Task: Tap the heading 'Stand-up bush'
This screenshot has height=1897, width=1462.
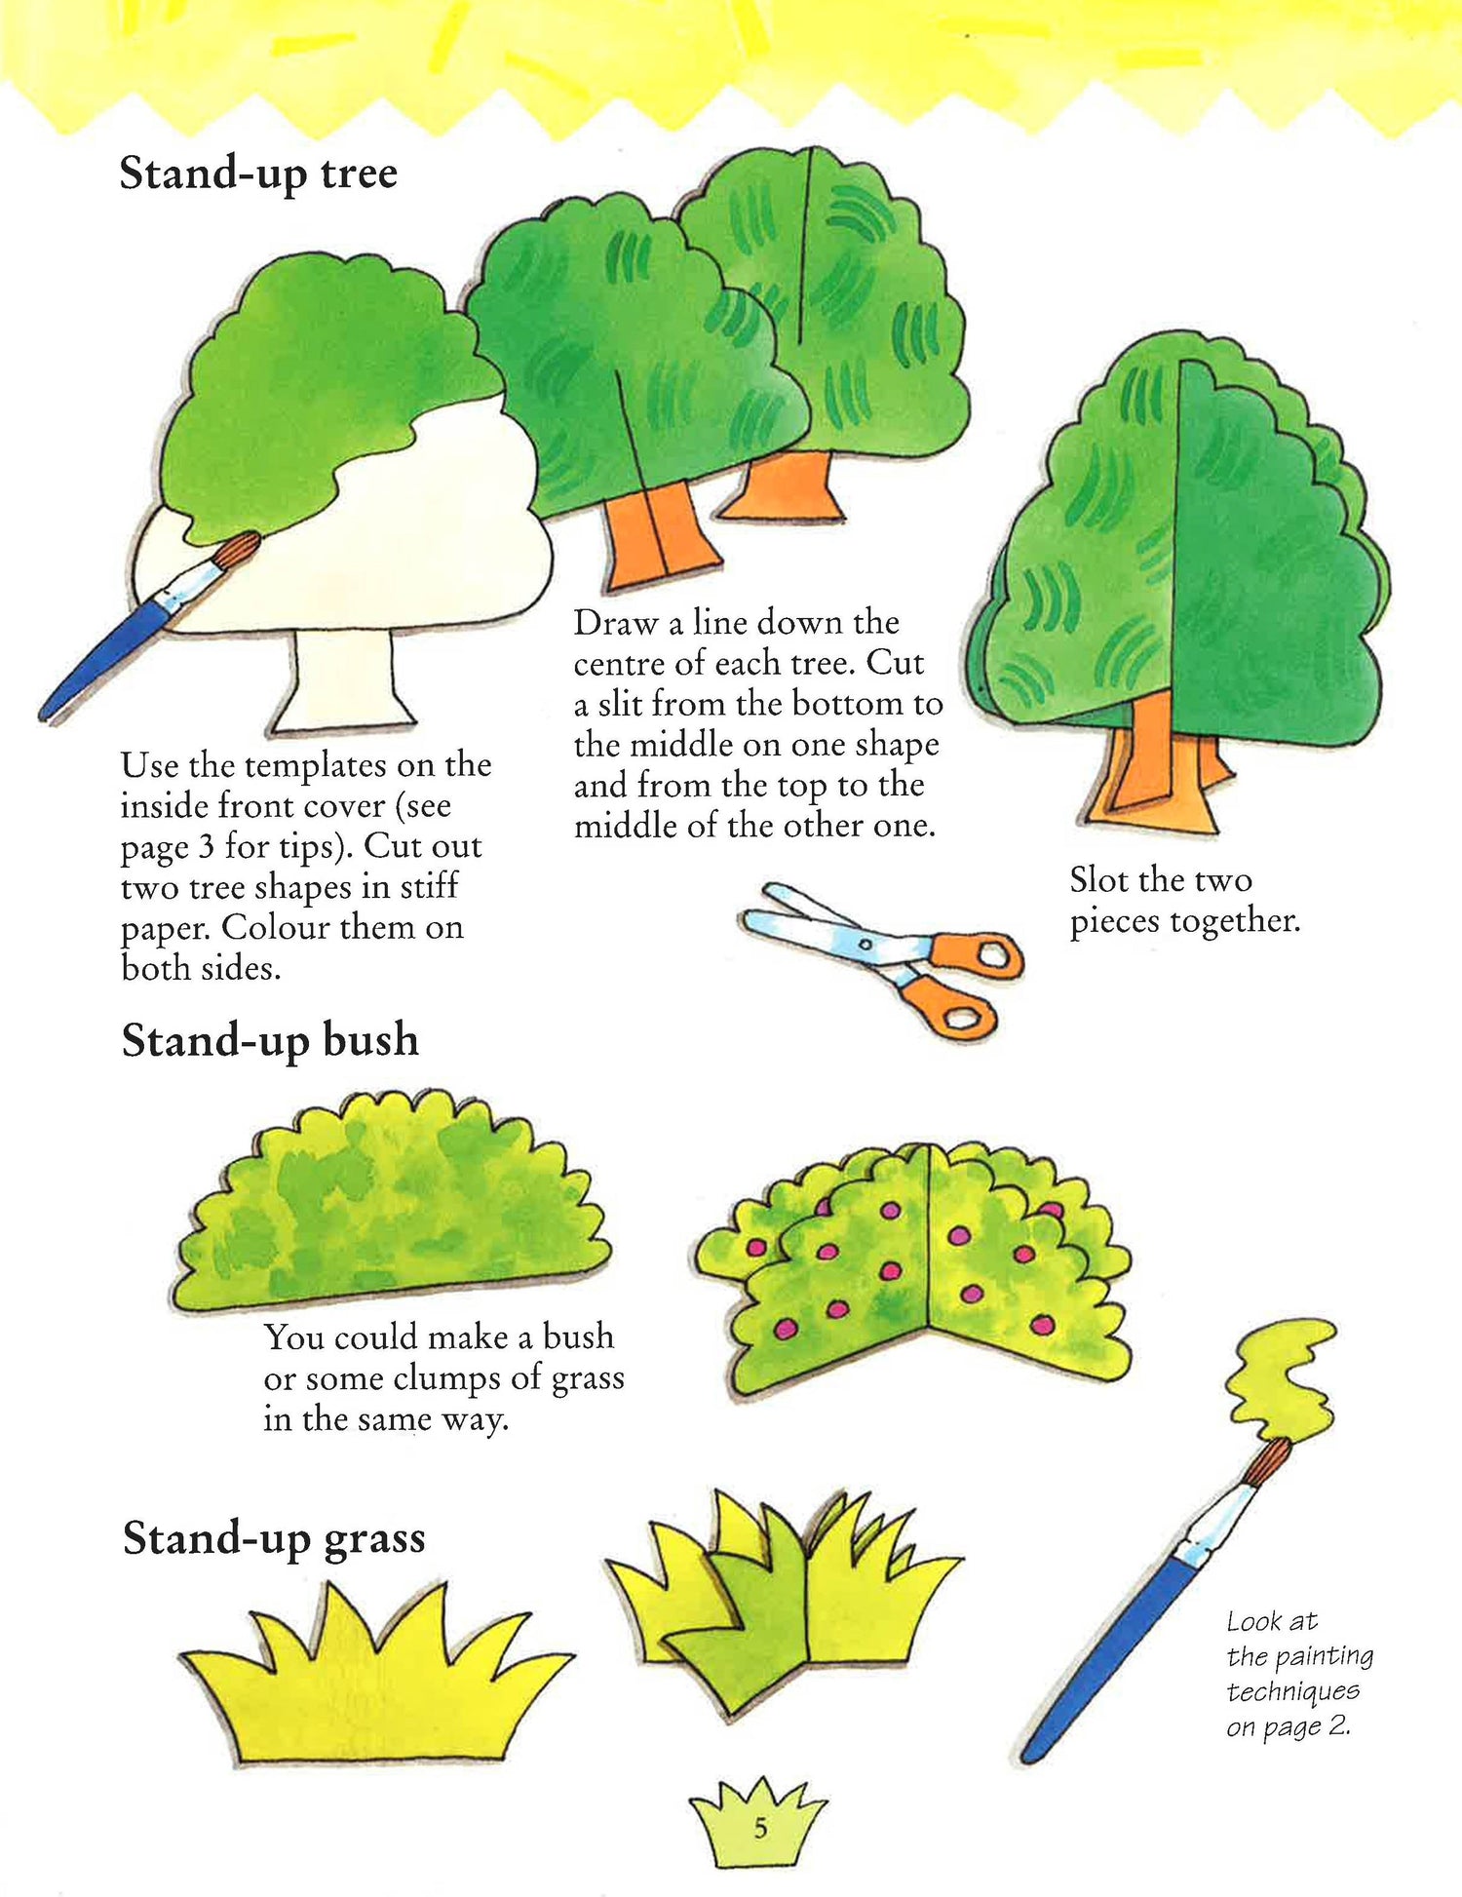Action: pos(270,1040)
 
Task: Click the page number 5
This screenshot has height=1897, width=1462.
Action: pos(760,1828)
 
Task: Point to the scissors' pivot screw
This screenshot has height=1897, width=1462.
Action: pos(866,944)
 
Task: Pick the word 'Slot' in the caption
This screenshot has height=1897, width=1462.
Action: pos(1098,880)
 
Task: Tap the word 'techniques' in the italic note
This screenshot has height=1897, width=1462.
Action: pos(1292,1691)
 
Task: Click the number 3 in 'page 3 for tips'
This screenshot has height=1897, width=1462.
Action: pos(207,846)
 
